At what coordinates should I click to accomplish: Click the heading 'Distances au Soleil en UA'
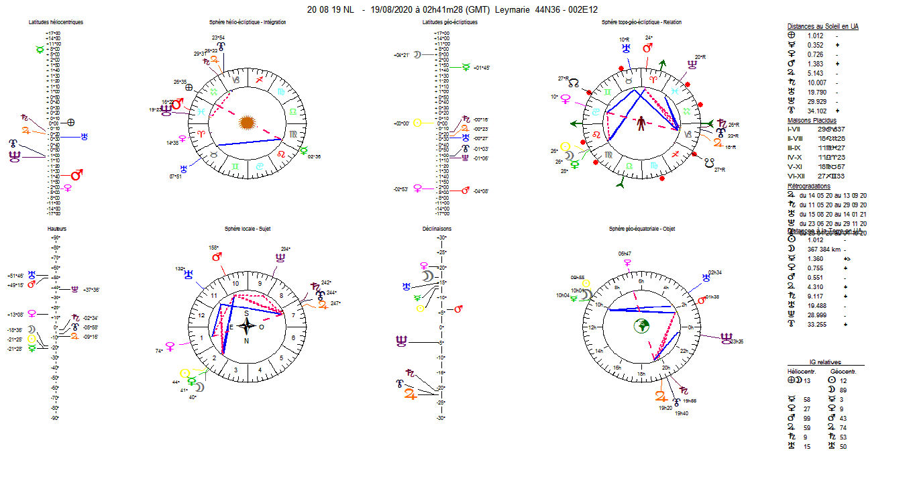[x=822, y=26]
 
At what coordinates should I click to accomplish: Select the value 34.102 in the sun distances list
[x=816, y=111]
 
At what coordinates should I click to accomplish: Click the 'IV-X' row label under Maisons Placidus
[x=794, y=156]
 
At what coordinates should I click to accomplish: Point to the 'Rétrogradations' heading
[x=808, y=186]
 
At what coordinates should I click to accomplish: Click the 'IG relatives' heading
[x=823, y=362]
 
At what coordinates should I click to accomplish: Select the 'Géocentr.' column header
[x=843, y=371]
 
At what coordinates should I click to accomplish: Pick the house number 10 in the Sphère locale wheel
[x=235, y=283]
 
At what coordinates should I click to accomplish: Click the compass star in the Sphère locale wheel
[x=247, y=327]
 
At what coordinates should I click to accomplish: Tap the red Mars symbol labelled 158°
[x=217, y=257]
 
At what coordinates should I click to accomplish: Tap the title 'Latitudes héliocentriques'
[x=56, y=22]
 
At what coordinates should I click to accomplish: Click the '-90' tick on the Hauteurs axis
[x=56, y=418]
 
